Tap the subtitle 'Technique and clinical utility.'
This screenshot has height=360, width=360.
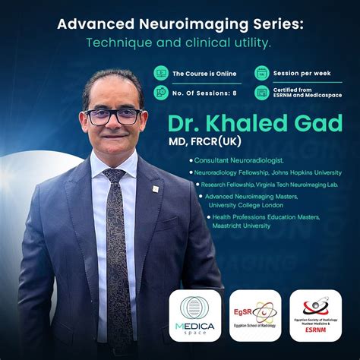coord(180,43)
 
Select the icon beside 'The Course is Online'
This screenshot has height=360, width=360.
coord(160,74)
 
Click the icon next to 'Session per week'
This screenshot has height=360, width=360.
coord(261,74)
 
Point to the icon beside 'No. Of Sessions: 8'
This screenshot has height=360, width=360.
coord(160,92)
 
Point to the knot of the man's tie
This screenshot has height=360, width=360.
coord(115,175)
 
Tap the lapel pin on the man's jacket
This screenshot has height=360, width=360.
coord(156,188)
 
